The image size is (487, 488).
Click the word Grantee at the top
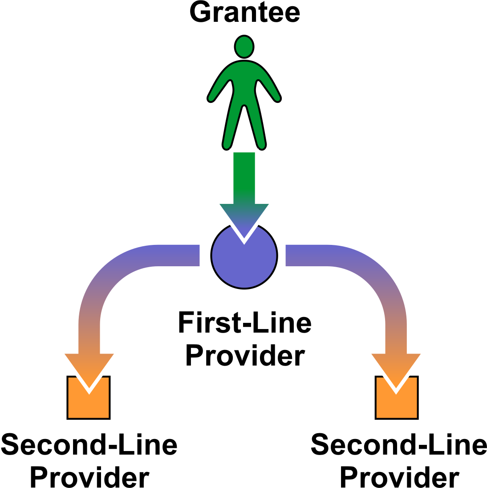(244, 12)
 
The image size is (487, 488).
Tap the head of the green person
(244, 46)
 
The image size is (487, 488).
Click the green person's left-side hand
(211, 98)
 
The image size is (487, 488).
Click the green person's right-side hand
(278, 98)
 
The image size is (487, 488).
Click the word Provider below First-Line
(244, 356)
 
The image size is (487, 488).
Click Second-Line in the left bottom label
(89, 445)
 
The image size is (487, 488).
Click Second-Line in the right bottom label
(399, 445)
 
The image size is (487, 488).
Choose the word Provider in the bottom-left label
(89, 476)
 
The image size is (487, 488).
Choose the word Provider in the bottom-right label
(399, 476)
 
